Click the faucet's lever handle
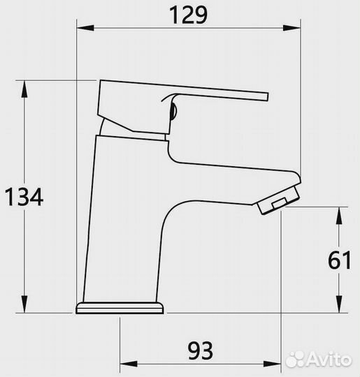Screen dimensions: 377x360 [x=210, y=94]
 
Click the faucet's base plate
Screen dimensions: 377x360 [x=120, y=308]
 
